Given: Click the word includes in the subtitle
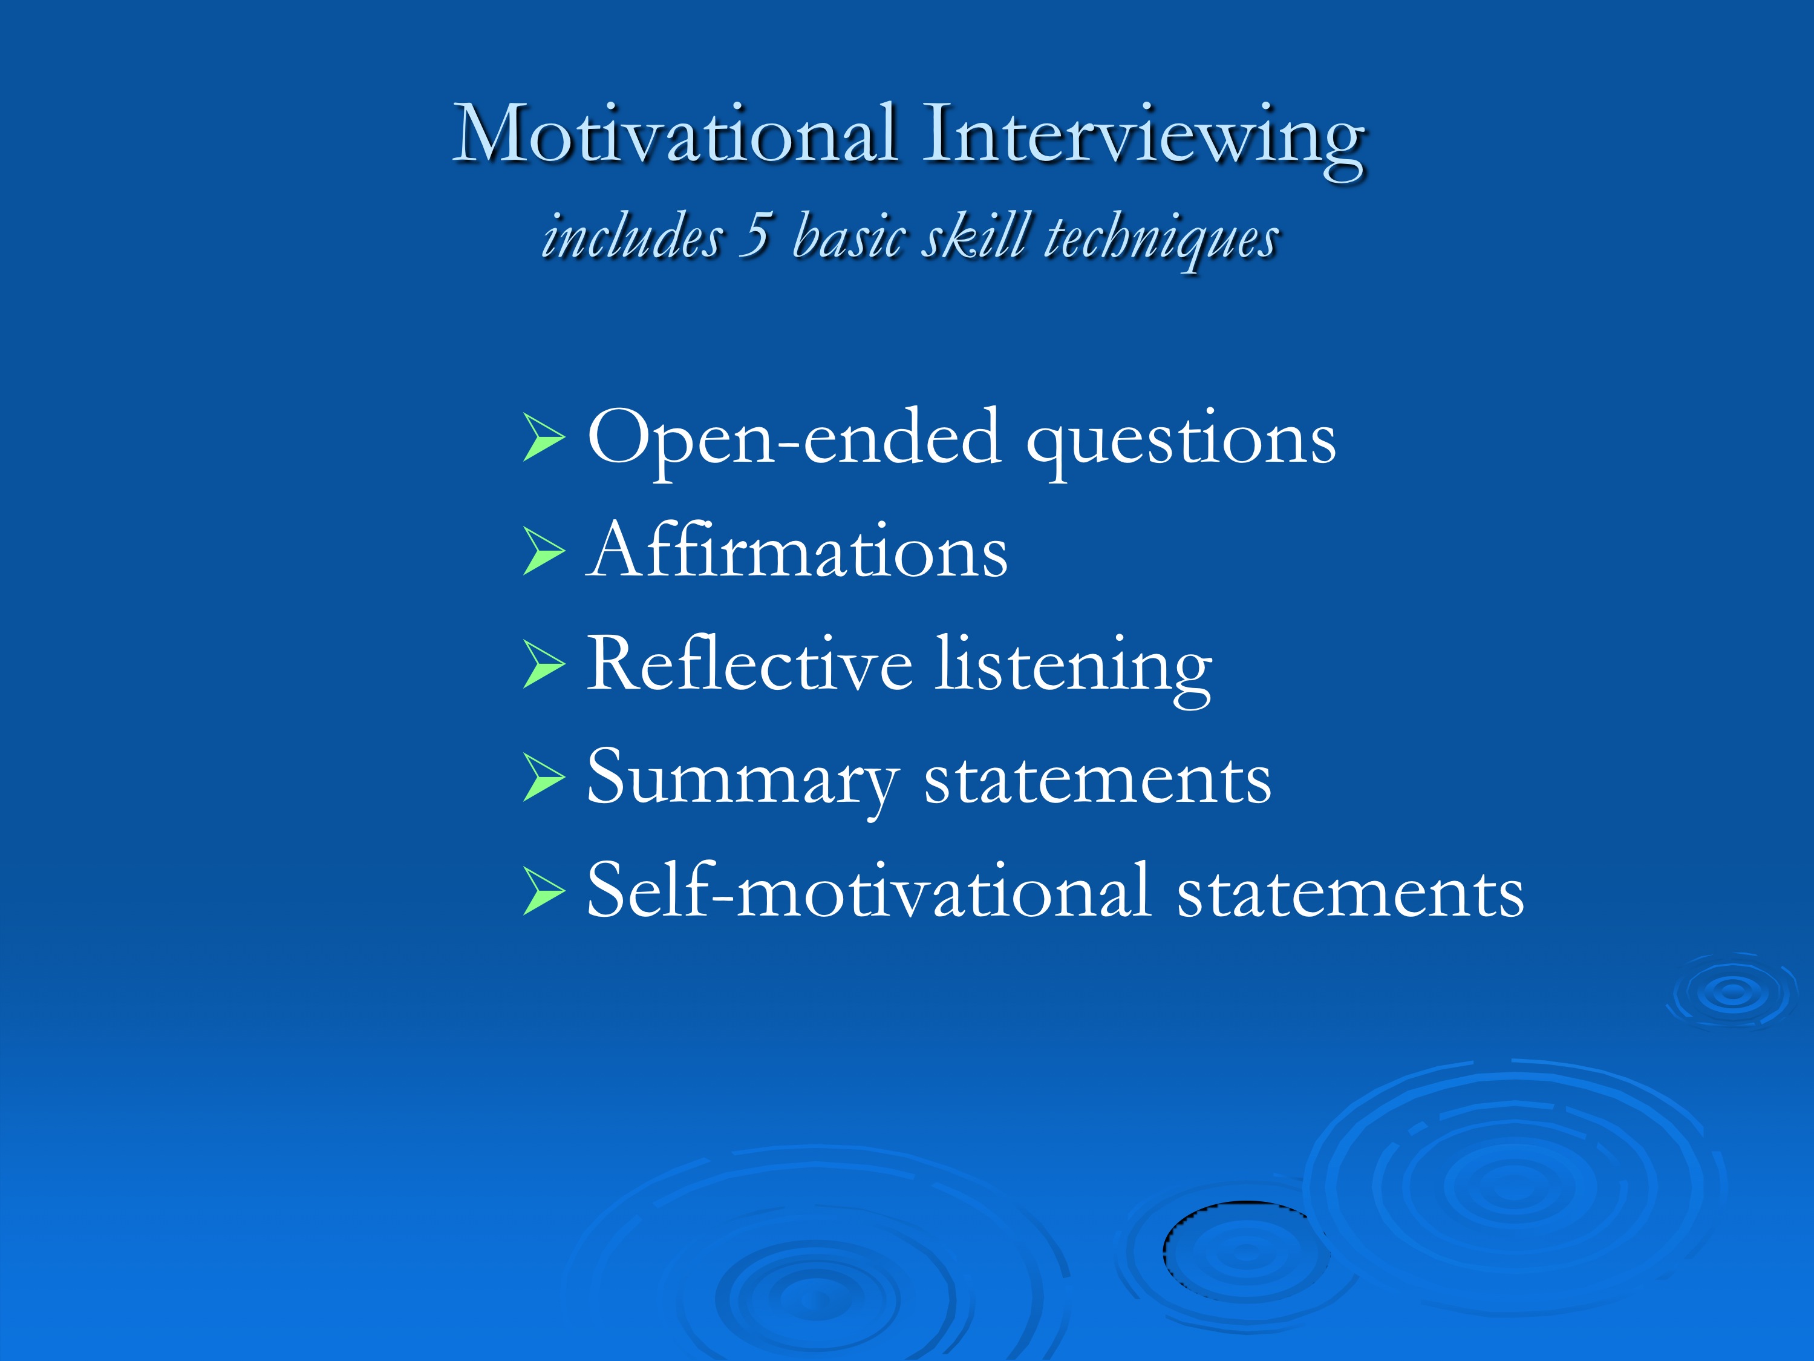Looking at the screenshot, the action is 631,235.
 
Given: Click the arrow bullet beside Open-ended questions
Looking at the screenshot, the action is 544,438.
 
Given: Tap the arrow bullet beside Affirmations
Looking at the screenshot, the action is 544,551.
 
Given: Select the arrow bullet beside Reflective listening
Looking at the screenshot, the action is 544,664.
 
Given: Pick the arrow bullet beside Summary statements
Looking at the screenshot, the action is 544,777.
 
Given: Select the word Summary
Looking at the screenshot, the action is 743,782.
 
